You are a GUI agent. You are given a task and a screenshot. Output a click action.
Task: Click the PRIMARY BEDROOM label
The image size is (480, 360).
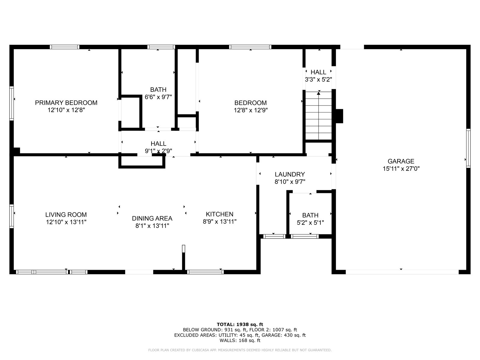[66, 103]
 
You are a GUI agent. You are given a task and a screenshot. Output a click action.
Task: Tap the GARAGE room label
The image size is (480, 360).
[401, 161]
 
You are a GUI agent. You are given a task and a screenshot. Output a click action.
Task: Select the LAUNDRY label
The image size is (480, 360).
[290, 174]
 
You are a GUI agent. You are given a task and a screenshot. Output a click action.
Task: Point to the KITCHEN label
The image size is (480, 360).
[220, 214]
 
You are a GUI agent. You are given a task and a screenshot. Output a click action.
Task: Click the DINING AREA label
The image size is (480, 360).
[152, 218]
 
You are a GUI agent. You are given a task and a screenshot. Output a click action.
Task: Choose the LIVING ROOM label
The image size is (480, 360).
[66, 214]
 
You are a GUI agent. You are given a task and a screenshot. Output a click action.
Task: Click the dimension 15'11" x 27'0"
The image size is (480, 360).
[401, 169]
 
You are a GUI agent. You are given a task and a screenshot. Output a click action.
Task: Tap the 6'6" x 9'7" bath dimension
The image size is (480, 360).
[158, 97]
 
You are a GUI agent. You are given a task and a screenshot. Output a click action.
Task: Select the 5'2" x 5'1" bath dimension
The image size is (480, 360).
[310, 223]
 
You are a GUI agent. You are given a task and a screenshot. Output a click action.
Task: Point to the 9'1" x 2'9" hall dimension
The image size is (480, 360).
[158, 151]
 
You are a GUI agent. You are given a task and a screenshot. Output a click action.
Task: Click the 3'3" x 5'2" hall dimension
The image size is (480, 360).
[318, 79]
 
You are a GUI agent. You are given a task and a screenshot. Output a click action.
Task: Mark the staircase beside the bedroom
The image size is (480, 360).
[318, 115]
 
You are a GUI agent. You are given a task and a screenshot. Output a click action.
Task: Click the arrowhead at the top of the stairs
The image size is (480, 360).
[319, 93]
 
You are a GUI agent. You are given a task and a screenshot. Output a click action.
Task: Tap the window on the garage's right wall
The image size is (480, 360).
[468, 148]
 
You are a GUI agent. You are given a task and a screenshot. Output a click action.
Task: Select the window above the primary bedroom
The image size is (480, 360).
[64, 47]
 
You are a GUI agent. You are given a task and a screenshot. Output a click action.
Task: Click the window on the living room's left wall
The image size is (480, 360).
[12, 216]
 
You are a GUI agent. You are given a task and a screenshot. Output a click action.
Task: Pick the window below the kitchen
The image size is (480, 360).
[205, 272]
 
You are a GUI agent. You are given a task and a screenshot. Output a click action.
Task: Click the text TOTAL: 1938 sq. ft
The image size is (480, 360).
[240, 324]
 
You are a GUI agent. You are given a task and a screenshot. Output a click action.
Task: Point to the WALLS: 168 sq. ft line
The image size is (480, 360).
[240, 340]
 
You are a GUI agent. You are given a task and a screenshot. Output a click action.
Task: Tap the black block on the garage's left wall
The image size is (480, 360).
[339, 116]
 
